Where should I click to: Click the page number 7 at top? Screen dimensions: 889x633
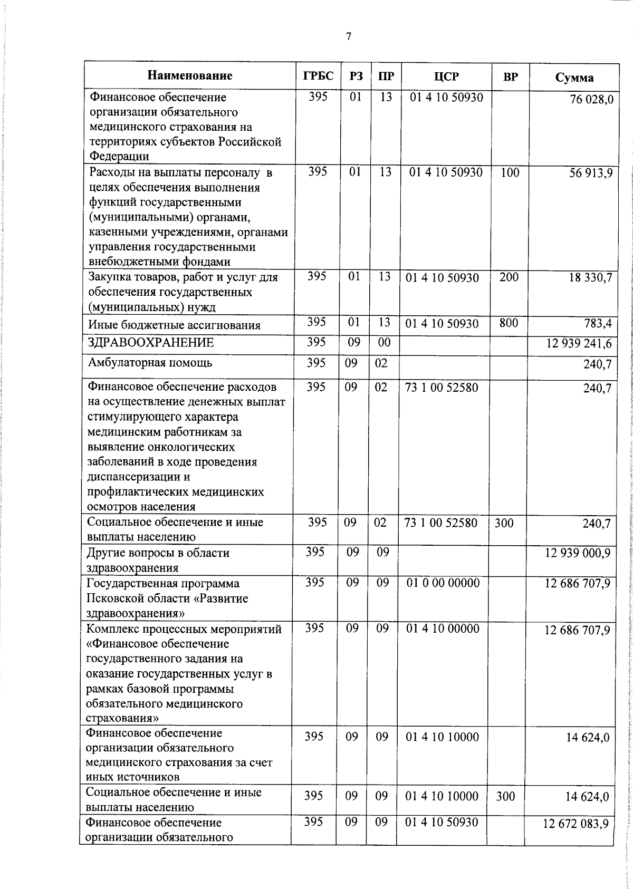348,36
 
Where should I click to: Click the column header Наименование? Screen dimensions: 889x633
190,75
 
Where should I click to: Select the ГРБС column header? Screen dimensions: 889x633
318,76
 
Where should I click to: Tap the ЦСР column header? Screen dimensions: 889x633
446,76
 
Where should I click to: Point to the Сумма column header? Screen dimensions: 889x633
574,78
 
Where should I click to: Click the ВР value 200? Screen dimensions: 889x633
509,277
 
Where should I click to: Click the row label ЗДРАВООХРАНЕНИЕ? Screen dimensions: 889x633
151,343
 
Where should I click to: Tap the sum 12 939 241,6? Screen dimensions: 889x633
579,344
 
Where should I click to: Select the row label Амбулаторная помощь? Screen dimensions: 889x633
150,363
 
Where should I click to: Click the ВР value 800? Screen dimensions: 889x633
509,323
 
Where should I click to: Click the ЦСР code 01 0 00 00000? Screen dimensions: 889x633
443,583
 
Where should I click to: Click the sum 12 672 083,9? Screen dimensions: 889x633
576,824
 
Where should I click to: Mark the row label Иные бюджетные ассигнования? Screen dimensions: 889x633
174,325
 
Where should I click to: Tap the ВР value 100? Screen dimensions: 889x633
510,172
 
